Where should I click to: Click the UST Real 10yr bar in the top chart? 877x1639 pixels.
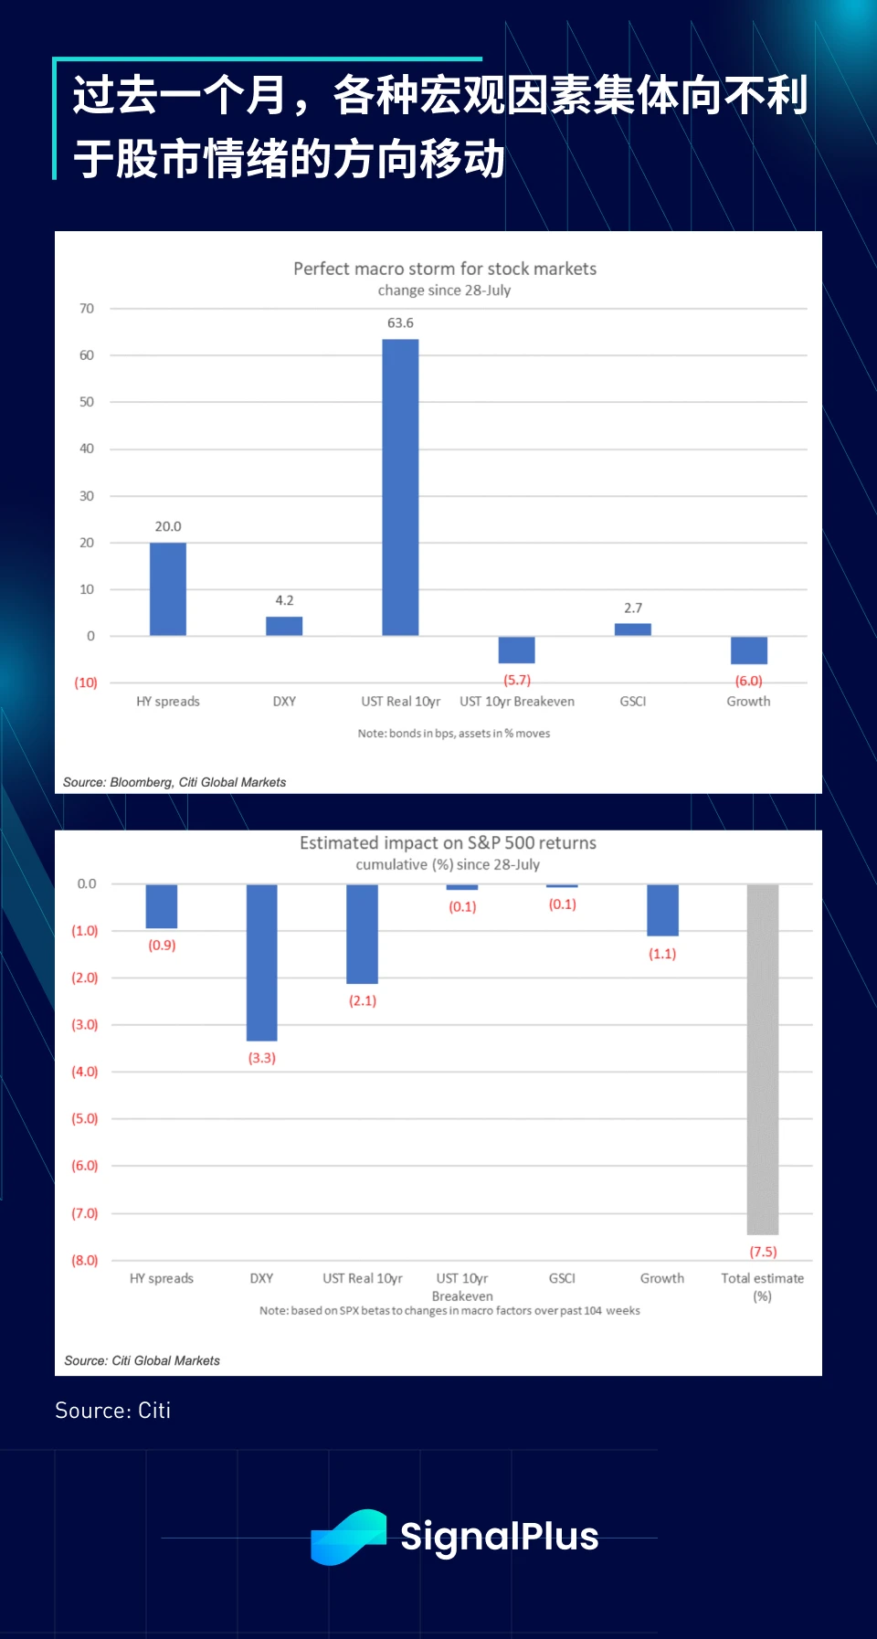(400, 487)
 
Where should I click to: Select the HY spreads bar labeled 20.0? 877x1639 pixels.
(168, 589)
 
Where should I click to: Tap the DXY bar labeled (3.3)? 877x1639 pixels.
(261, 962)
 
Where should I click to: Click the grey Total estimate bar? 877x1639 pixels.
(763, 1059)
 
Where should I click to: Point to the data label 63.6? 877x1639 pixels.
(400, 323)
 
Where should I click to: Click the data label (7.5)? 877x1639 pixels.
(763, 1252)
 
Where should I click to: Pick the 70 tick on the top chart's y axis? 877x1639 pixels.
(87, 309)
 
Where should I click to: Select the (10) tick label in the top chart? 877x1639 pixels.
(86, 682)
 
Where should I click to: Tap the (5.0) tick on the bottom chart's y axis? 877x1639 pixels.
(85, 1118)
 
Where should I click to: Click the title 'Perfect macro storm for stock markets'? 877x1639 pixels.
(445, 269)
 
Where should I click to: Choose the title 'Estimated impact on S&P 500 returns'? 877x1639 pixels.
(448, 842)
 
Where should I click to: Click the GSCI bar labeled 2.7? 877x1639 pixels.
(633, 629)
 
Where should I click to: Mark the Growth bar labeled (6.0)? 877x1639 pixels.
(749, 650)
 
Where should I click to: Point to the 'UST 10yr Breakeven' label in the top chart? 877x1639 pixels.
(517, 702)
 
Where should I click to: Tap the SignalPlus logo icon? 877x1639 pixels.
(348, 1537)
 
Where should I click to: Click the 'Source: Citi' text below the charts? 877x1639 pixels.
(113, 1411)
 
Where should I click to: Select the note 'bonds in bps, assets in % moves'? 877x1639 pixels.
(454, 734)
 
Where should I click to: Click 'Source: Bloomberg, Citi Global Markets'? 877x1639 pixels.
(174, 782)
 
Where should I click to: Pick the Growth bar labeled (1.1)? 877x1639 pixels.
(662, 910)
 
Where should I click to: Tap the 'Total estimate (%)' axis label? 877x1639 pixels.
(763, 1286)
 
